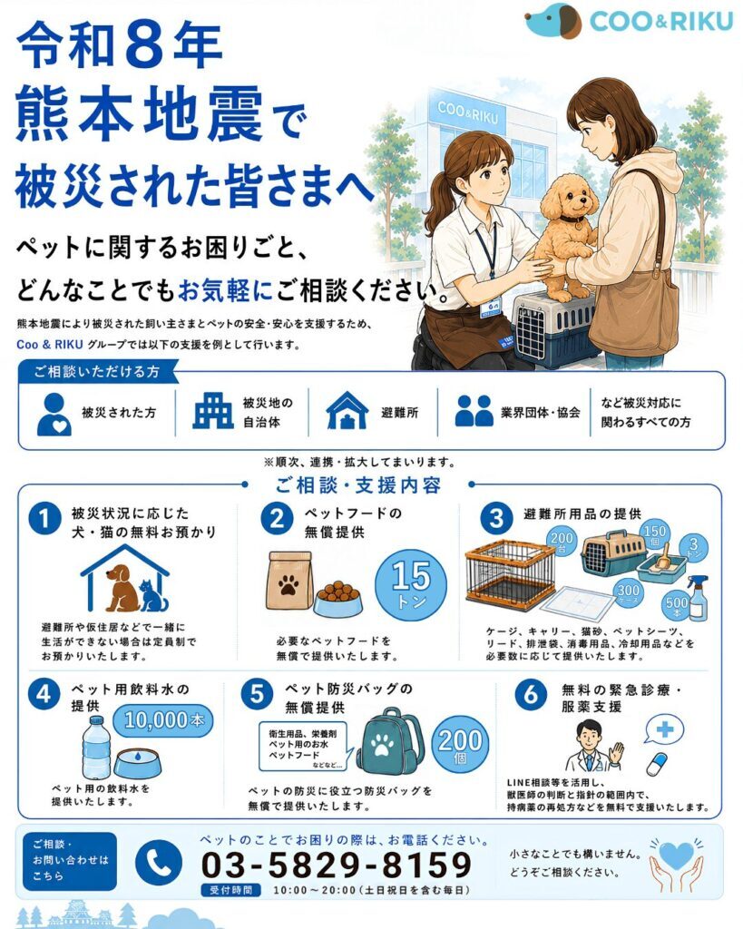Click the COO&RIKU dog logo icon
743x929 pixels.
[x=552, y=21]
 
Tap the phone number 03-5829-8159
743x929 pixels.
[x=337, y=865]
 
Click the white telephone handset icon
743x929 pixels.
[x=159, y=864]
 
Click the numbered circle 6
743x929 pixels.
[x=531, y=693]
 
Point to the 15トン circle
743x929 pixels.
[x=411, y=584]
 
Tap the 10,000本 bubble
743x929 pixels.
[x=163, y=720]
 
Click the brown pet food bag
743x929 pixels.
[x=289, y=581]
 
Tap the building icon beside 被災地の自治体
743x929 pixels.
[x=212, y=410]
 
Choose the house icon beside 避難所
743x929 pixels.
[x=347, y=410]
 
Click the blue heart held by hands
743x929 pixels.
[x=676, y=856]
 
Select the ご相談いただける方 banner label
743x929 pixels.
[x=96, y=371]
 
